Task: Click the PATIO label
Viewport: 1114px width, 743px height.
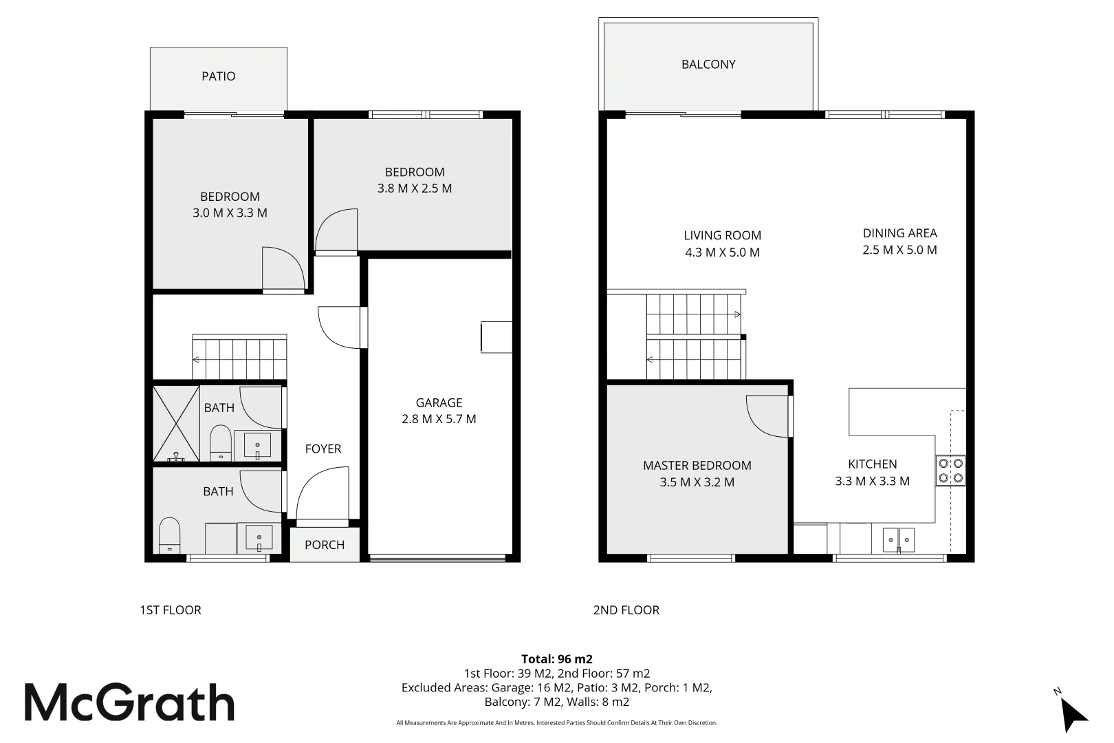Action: (219, 76)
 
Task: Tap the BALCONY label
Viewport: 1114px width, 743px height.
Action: (708, 65)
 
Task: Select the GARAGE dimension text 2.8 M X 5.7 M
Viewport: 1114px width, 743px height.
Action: (439, 419)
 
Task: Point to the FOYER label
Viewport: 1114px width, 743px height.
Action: (323, 449)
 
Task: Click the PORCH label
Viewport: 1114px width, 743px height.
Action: (325, 545)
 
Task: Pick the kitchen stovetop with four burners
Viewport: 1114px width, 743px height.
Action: (950, 471)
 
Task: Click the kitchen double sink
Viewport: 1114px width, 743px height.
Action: (898, 540)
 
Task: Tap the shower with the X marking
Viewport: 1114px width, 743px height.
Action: (176, 424)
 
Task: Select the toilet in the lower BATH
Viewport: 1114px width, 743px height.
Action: (169, 535)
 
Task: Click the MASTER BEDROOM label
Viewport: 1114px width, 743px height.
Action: (697, 466)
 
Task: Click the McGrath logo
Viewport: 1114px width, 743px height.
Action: (130, 702)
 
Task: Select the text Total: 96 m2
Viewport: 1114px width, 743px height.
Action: (557, 659)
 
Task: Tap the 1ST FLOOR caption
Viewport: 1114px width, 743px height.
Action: (171, 610)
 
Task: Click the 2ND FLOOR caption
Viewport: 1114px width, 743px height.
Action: (626, 610)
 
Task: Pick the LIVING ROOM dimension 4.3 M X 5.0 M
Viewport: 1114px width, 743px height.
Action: (722, 252)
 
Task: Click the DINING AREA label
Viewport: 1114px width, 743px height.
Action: (899, 233)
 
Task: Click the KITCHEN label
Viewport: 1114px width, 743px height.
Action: (873, 464)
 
